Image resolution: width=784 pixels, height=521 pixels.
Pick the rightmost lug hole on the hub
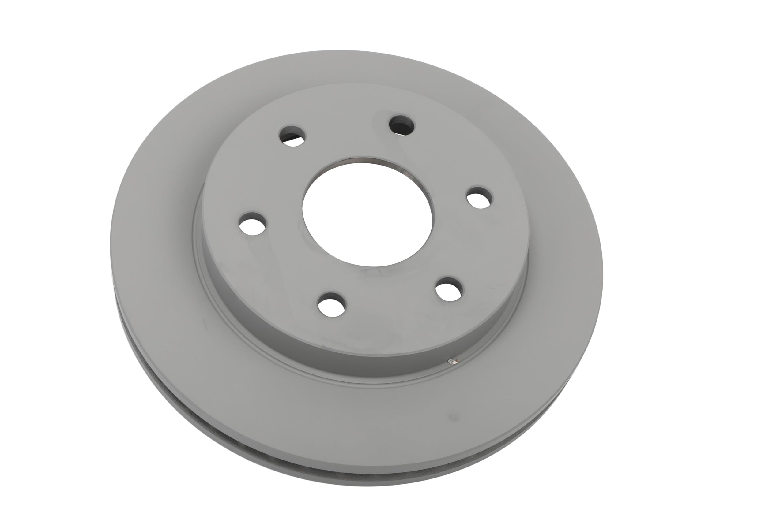click(479, 198)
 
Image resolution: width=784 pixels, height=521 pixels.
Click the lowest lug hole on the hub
click(331, 304)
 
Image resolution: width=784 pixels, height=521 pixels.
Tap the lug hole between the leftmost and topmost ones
click(292, 135)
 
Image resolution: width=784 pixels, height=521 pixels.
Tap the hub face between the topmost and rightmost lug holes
click(446, 156)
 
